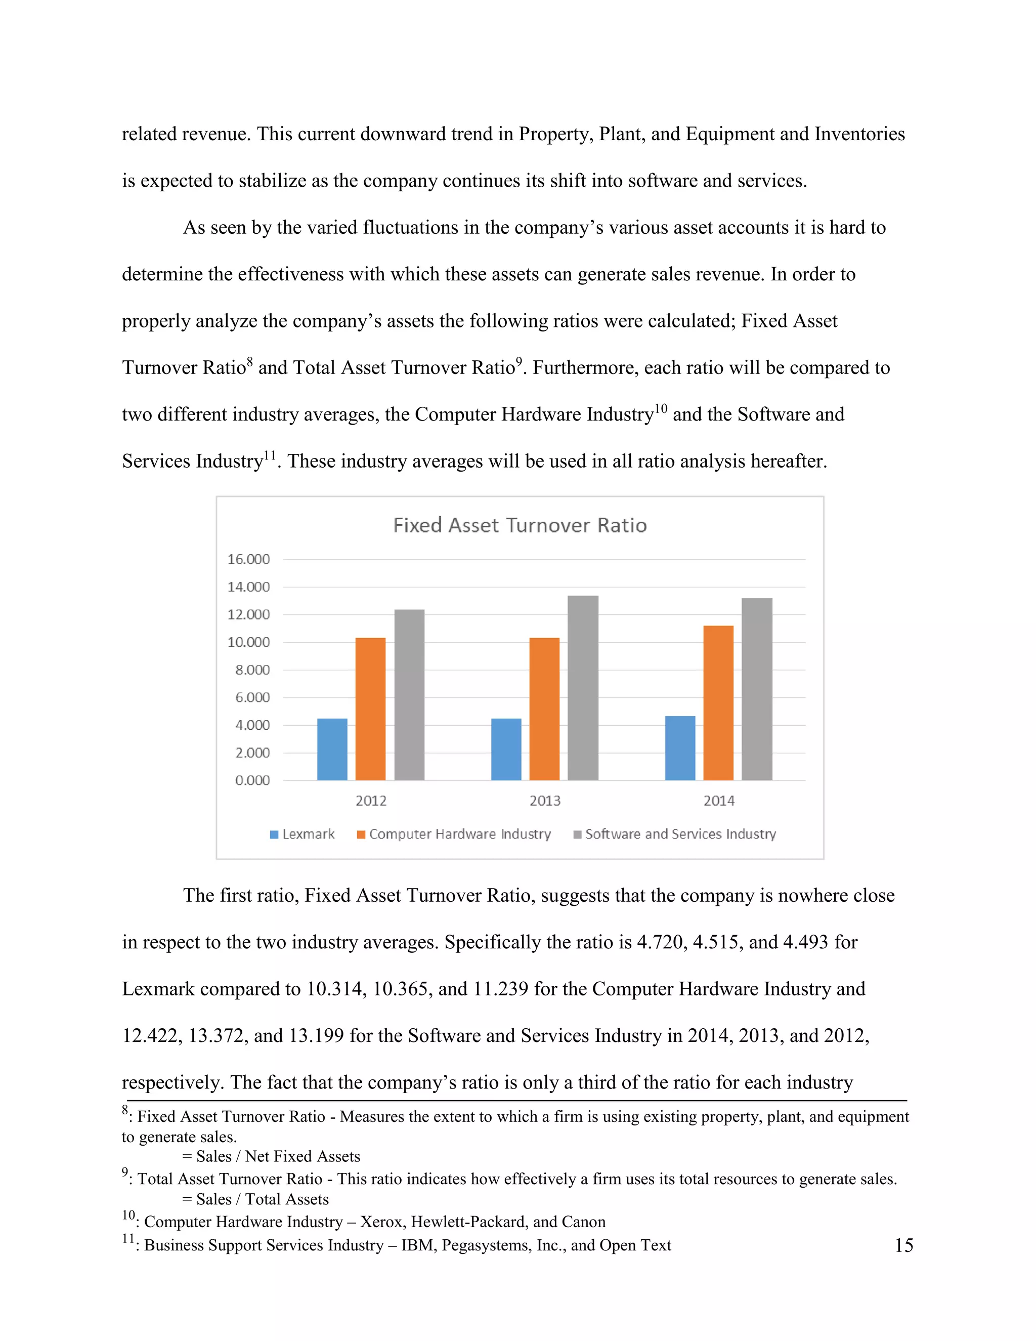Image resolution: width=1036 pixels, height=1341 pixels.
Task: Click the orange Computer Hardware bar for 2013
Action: (x=544, y=709)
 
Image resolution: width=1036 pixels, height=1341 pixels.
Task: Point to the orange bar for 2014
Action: (x=718, y=703)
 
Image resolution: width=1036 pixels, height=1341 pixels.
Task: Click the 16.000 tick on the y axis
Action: (x=248, y=559)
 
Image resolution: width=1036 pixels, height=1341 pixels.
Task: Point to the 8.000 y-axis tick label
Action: (x=252, y=670)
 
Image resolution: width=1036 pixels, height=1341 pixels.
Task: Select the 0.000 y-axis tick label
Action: (x=252, y=780)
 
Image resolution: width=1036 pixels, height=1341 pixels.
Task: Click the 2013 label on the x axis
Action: (x=545, y=801)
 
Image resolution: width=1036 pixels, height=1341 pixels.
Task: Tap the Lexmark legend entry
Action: (x=303, y=834)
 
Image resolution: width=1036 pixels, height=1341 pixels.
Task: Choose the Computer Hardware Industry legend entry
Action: (x=454, y=834)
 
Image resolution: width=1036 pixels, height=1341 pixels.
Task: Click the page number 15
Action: (x=903, y=1246)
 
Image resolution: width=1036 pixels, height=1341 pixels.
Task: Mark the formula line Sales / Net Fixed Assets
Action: (x=271, y=1157)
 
